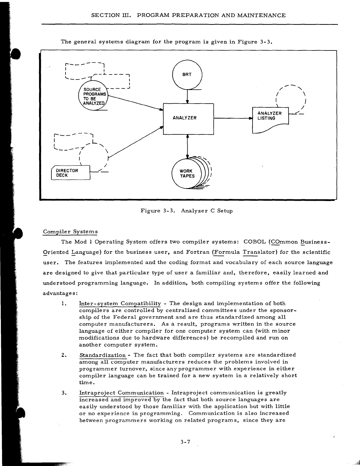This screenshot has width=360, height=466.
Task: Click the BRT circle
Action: tap(187, 74)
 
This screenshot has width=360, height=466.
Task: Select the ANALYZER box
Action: tap(188, 119)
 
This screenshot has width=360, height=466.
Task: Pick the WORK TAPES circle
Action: tap(187, 174)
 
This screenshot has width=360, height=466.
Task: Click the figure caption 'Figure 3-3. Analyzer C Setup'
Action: tap(186, 211)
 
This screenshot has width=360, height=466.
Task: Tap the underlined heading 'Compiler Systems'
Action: tap(70, 232)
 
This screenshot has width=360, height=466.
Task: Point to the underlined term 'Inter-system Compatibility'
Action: tap(120, 303)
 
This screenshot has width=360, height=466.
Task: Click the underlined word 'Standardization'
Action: tap(102, 355)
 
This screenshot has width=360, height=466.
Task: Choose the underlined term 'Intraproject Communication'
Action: tap(122, 393)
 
